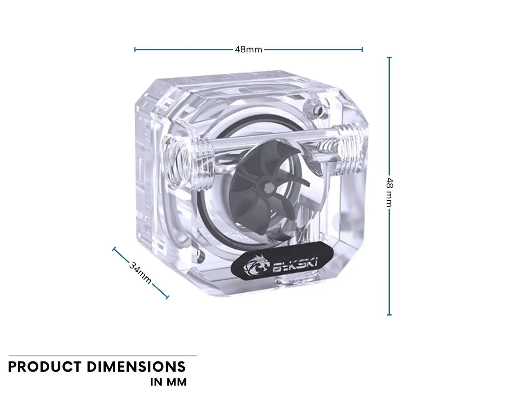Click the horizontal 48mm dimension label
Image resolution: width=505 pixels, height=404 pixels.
tap(248, 50)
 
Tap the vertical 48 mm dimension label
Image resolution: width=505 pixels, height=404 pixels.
tap(389, 192)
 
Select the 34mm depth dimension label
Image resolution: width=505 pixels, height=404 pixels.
tap(140, 273)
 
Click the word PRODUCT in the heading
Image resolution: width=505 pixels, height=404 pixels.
tap(45, 367)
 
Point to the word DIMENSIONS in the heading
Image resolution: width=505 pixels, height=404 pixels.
tap(136, 367)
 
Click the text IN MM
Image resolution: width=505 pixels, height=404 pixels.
tap(168, 382)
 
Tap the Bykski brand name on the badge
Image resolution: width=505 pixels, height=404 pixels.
tap(295, 265)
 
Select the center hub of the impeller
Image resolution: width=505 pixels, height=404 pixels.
tap(268, 187)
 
